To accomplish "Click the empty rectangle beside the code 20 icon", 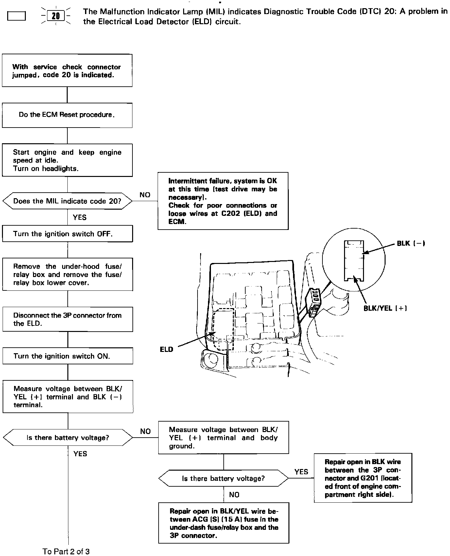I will pyautogui.click(x=16, y=16).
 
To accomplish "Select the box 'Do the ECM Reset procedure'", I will pyautogui.click(x=67, y=115).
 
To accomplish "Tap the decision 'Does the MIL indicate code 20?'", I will pyautogui.click(x=67, y=201).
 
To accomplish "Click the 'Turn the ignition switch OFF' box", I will pyautogui.click(x=67, y=234).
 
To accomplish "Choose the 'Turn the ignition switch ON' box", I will pyautogui.click(x=68, y=356).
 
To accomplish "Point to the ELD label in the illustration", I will pyautogui.click(x=166, y=349).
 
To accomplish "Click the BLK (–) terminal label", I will pyautogui.click(x=411, y=243).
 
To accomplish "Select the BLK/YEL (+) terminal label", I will pyautogui.click(x=385, y=308).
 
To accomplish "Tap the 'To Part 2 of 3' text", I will pyautogui.click(x=66, y=551).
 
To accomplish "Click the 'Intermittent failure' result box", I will pyautogui.click(x=223, y=201).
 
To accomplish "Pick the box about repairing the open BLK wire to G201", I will pyautogui.click(x=363, y=478).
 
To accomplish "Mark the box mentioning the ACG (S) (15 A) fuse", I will pyautogui.click(x=224, y=523).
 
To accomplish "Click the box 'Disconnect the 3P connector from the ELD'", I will pyautogui.click(x=68, y=319).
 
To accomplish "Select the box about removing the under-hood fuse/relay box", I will pyautogui.click(x=67, y=274).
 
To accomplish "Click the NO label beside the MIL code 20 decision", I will pyautogui.click(x=145, y=195).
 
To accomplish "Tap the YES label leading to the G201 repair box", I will pyautogui.click(x=301, y=472).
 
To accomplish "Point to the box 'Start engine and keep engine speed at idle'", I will pyautogui.click(x=67, y=160).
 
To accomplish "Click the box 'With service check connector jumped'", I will pyautogui.click(x=67, y=71).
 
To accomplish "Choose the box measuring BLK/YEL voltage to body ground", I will pyautogui.click(x=223, y=438).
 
